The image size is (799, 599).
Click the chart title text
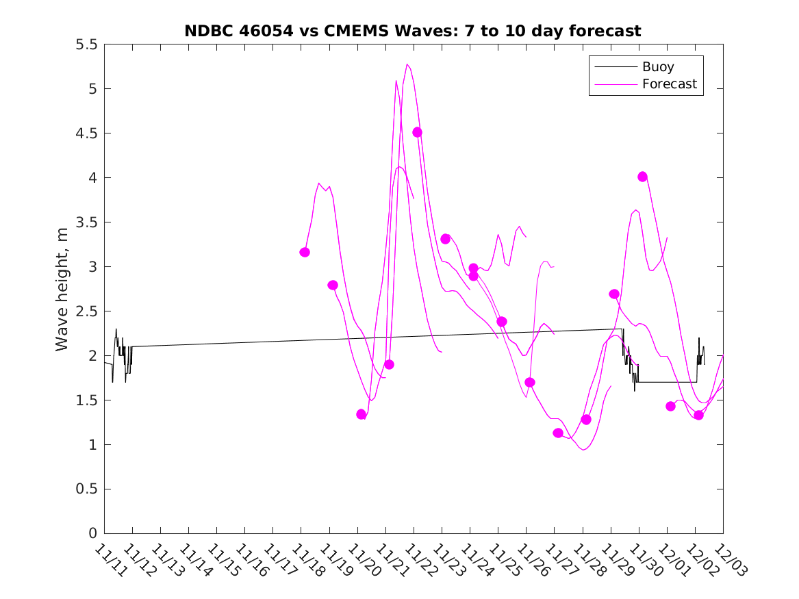pyautogui.click(x=413, y=31)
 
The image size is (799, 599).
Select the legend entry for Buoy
pyautogui.click(x=657, y=67)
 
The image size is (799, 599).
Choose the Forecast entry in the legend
pyautogui.click(x=669, y=84)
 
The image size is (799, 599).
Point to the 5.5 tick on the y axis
pyautogui.click(x=87, y=44)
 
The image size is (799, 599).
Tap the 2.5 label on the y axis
pyautogui.click(x=87, y=311)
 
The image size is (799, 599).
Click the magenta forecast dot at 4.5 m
pyautogui.click(x=417, y=132)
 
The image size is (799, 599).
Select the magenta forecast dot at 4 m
pyautogui.click(x=642, y=177)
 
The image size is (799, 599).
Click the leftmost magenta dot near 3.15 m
pyautogui.click(x=305, y=253)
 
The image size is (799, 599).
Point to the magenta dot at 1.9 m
pyautogui.click(x=389, y=364)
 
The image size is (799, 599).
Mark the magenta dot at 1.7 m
pyautogui.click(x=529, y=382)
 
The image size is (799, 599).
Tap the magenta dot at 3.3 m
pyautogui.click(x=445, y=239)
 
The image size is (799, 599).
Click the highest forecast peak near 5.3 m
pyautogui.click(x=407, y=64)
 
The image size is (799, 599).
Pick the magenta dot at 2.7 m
pyautogui.click(x=614, y=294)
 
